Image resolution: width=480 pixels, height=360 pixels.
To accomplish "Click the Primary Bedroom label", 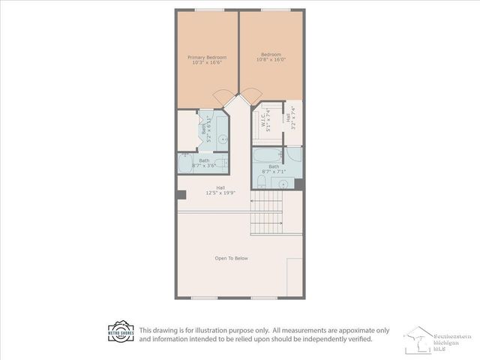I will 207,60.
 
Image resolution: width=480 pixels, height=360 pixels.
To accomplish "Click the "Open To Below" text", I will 231,258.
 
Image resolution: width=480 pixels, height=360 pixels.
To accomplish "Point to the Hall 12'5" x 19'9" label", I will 220,190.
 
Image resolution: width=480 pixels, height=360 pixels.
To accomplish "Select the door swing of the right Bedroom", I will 253,95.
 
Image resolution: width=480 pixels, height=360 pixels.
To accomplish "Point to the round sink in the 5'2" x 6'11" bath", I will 222,139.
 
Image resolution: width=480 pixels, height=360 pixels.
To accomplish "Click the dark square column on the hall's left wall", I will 181,195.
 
